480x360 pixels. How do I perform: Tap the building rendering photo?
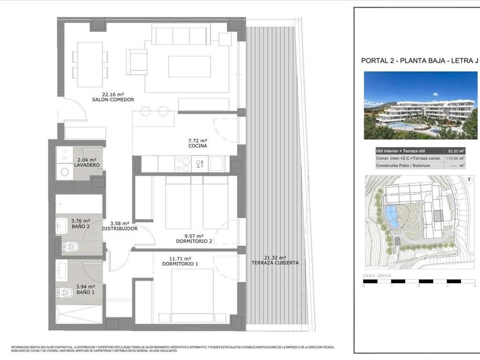click(x=420, y=105)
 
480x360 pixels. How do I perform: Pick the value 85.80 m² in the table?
click(x=449, y=151)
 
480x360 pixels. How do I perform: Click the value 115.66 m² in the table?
click(x=449, y=159)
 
